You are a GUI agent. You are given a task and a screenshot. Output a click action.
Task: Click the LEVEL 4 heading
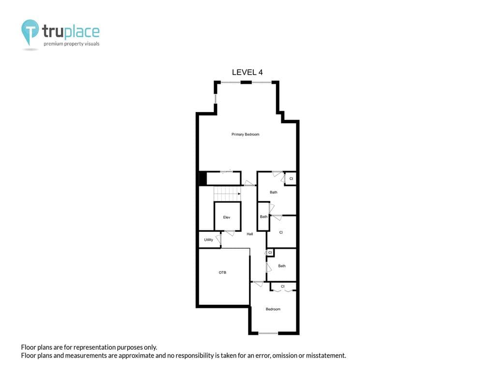[x=247, y=72]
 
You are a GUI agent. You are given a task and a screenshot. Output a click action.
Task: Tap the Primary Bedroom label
[x=245, y=134]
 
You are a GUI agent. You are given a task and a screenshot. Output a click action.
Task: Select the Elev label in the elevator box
[x=227, y=217]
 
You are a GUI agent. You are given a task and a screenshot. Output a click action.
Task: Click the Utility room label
[x=208, y=240]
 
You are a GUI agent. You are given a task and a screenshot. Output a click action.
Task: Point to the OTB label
[x=222, y=272]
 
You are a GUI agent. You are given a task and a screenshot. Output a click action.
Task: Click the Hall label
[x=250, y=234]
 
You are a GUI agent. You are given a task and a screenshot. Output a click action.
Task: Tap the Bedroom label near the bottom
[x=273, y=309]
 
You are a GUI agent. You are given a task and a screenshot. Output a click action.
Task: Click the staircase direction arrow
[x=239, y=194]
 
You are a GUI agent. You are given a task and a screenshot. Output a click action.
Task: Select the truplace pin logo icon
[x=30, y=32]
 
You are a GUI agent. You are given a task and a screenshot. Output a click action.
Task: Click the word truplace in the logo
[x=71, y=32]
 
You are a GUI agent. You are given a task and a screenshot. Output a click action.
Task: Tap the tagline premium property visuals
[x=72, y=44]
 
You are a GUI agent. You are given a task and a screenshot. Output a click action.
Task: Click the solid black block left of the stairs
[x=203, y=178]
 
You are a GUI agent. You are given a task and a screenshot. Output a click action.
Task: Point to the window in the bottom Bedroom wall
[x=268, y=333]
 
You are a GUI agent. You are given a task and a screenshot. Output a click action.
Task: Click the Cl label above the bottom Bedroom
[x=282, y=286]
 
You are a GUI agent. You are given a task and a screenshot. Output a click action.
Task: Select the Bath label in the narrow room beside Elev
[x=263, y=216]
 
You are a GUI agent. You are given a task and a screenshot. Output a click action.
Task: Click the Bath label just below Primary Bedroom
[x=274, y=192]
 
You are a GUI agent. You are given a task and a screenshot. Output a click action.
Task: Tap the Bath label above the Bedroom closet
[x=281, y=266]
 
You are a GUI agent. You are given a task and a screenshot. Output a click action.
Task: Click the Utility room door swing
[x=218, y=239]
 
